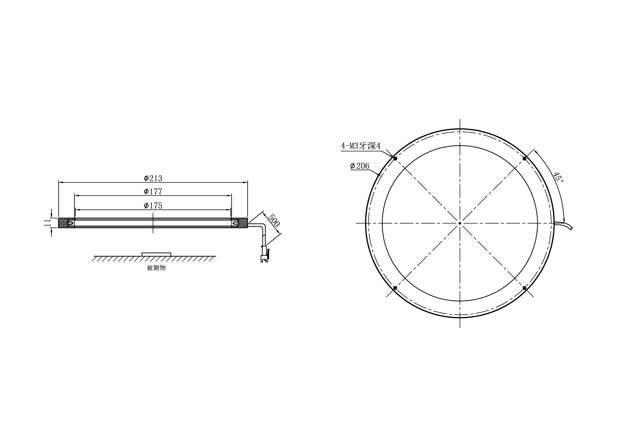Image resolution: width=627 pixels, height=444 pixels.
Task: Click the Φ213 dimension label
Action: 153,178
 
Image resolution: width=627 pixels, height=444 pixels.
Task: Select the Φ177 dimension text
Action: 153,192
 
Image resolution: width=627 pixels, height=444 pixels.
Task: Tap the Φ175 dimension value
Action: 153,206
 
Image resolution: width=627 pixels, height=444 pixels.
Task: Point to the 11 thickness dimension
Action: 47,223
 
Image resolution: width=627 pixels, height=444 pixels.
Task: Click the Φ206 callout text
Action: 360,166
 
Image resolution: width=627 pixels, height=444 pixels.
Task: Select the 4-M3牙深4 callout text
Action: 361,146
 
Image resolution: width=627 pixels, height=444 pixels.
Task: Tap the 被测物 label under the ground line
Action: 156,268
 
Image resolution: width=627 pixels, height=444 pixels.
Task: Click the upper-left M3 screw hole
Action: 395,158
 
